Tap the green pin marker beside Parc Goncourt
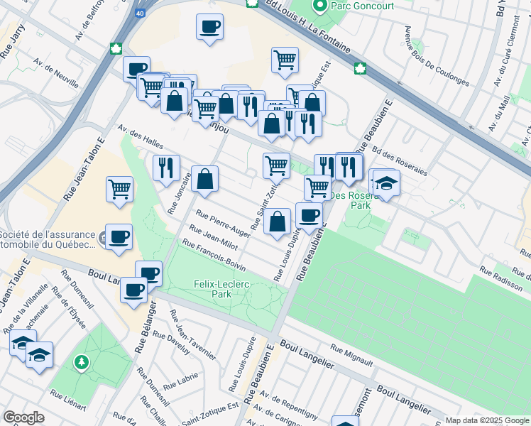tap(319, 6)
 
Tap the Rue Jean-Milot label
tap(212, 239)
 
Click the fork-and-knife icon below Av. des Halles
tap(164, 168)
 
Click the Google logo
tap(24, 417)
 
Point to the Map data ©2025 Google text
tap(487, 420)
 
